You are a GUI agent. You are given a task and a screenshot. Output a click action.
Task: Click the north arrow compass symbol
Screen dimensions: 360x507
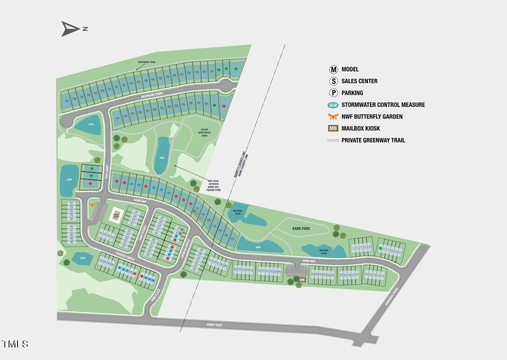click(71, 29)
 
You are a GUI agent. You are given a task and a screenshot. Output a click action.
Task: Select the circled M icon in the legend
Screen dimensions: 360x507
click(333, 69)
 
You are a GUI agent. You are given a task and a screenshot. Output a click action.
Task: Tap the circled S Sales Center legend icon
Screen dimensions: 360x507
click(333, 81)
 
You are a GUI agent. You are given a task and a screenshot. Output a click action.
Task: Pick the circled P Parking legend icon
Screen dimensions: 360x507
click(333, 93)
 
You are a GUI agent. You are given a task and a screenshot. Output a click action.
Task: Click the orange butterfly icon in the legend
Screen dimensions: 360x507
click(333, 117)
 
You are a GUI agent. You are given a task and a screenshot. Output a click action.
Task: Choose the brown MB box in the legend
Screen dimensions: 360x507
click(333, 128)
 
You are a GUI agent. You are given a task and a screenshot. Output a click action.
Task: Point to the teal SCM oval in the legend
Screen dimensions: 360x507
click(333, 105)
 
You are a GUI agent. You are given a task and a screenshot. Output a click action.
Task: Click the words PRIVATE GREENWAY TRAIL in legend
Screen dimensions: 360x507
click(373, 140)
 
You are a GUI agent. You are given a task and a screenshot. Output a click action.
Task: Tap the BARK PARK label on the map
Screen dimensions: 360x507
click(301, 228)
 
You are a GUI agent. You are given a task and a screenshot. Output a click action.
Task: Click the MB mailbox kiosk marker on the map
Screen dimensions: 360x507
click(302, 280)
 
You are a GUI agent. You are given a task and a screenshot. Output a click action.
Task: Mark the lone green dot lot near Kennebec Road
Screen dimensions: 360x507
click(381, 249)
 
